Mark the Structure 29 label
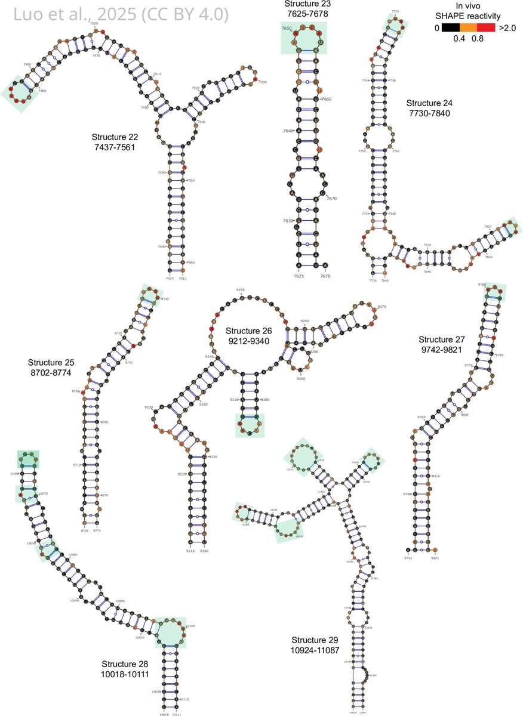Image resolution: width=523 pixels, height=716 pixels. tap(315, 643)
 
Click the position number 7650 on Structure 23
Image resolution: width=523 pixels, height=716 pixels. tap(287, 28)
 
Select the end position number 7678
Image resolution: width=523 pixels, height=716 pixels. tap(325, 276)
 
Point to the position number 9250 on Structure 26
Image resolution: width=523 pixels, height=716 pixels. tap(240, 289)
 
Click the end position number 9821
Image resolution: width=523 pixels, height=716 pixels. tap(435, 558)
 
